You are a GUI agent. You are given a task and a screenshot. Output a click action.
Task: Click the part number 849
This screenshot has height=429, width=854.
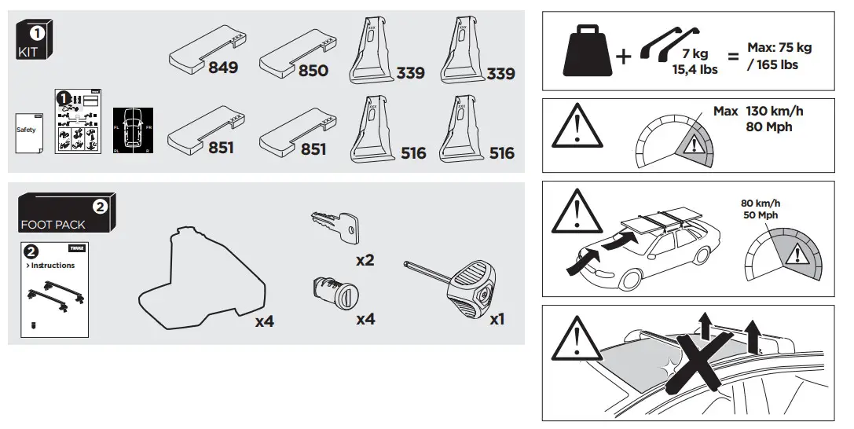point(223,68)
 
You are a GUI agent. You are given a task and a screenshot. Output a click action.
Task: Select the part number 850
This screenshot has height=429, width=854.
point(313,70)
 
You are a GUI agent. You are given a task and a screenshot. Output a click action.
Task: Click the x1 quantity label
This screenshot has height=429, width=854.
point(497,320)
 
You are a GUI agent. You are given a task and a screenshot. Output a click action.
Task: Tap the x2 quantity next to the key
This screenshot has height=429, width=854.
point(364,260)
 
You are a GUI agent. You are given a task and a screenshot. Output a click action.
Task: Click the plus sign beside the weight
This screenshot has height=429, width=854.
point(624,57)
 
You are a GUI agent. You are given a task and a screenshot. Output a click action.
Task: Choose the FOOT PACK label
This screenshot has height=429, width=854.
point(53,225)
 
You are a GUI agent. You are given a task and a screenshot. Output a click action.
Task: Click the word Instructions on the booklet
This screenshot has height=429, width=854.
point(53,265)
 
